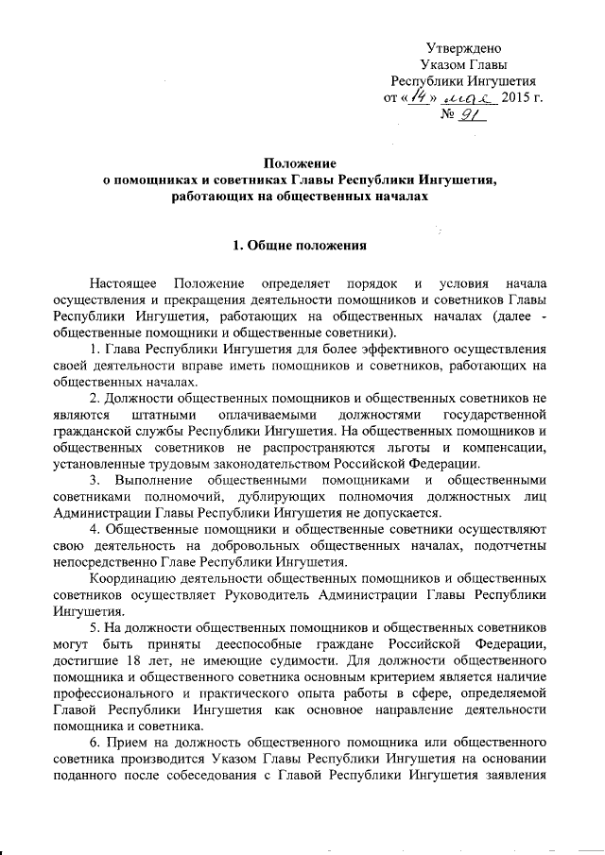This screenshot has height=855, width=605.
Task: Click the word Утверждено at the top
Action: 464,48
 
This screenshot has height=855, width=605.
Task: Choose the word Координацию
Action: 130,577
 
